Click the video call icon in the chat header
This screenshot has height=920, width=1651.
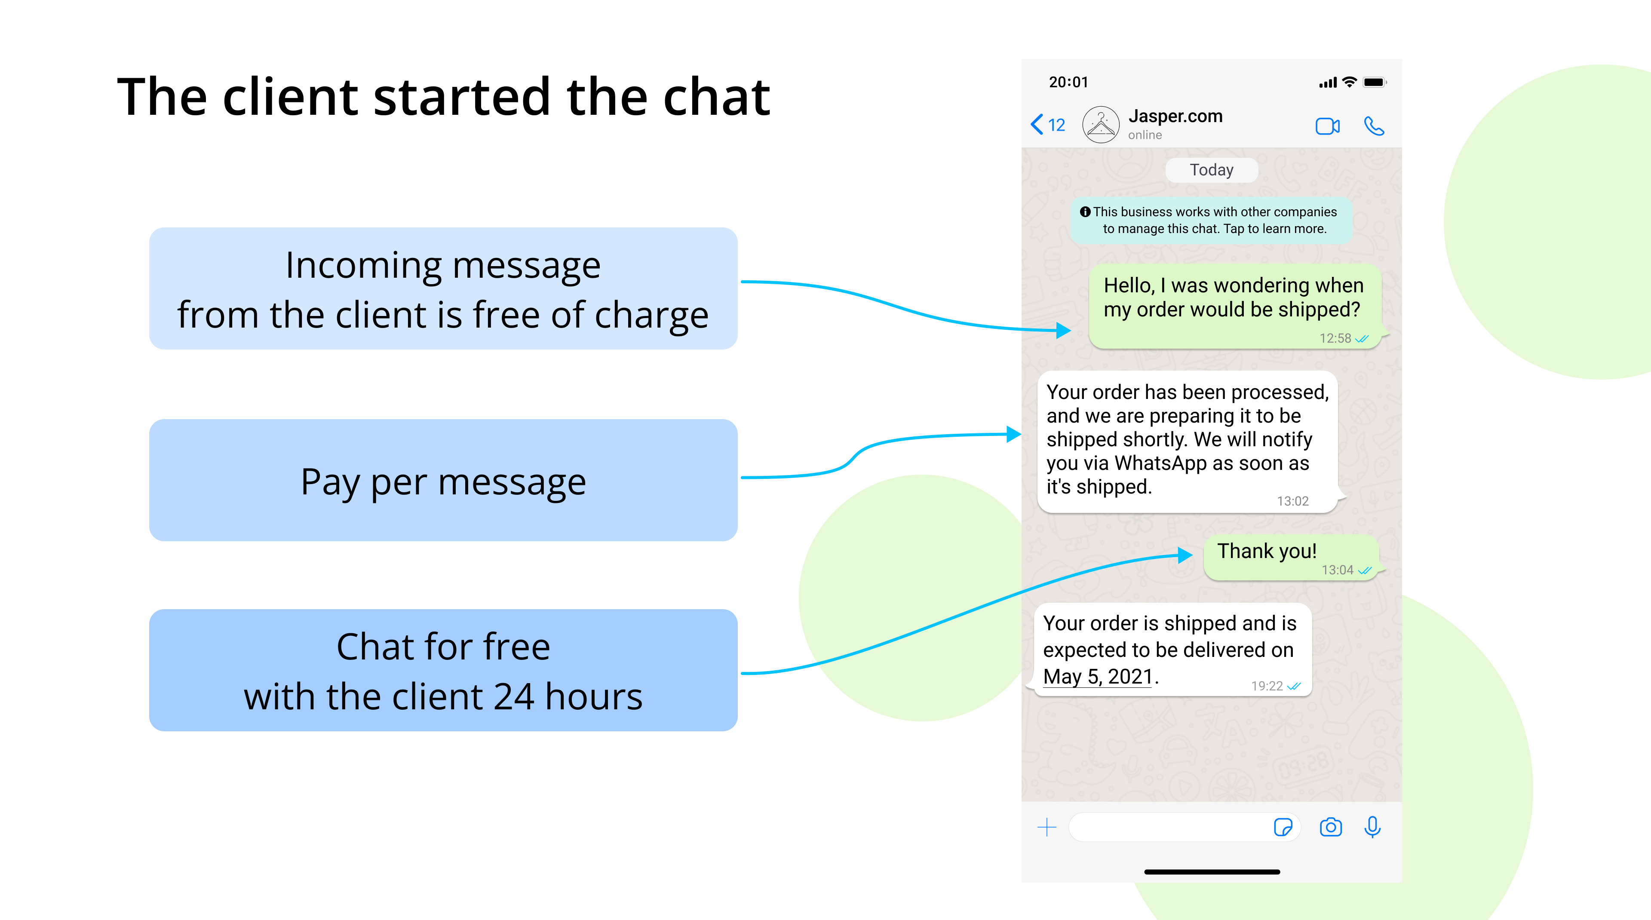click(1327, 126)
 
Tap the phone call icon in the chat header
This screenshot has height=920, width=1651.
click(1374, 126)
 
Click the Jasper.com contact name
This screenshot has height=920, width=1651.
click(1175, 116)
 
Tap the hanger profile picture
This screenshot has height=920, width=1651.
click(1101, 124)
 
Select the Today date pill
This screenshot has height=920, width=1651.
click(1211, 170)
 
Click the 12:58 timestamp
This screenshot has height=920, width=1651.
click(1335, 338)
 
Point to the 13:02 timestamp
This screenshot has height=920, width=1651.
click(1293, 501)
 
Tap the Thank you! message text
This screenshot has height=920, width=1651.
click(1267, 551)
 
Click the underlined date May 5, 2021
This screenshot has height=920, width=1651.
click(1098, 677)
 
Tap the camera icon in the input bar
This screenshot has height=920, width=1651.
click(1331, 827)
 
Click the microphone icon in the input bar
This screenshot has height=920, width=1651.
click(1372, 827)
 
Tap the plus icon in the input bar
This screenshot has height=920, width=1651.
click(1046, 827)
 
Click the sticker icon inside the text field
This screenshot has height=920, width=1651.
click(1283, 827)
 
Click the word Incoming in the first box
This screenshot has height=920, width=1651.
click(363, 265)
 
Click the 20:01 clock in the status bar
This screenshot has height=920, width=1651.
click(1068, 82)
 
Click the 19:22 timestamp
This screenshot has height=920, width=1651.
click(1267, 686)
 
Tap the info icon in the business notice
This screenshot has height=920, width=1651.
click(1085, 212)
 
